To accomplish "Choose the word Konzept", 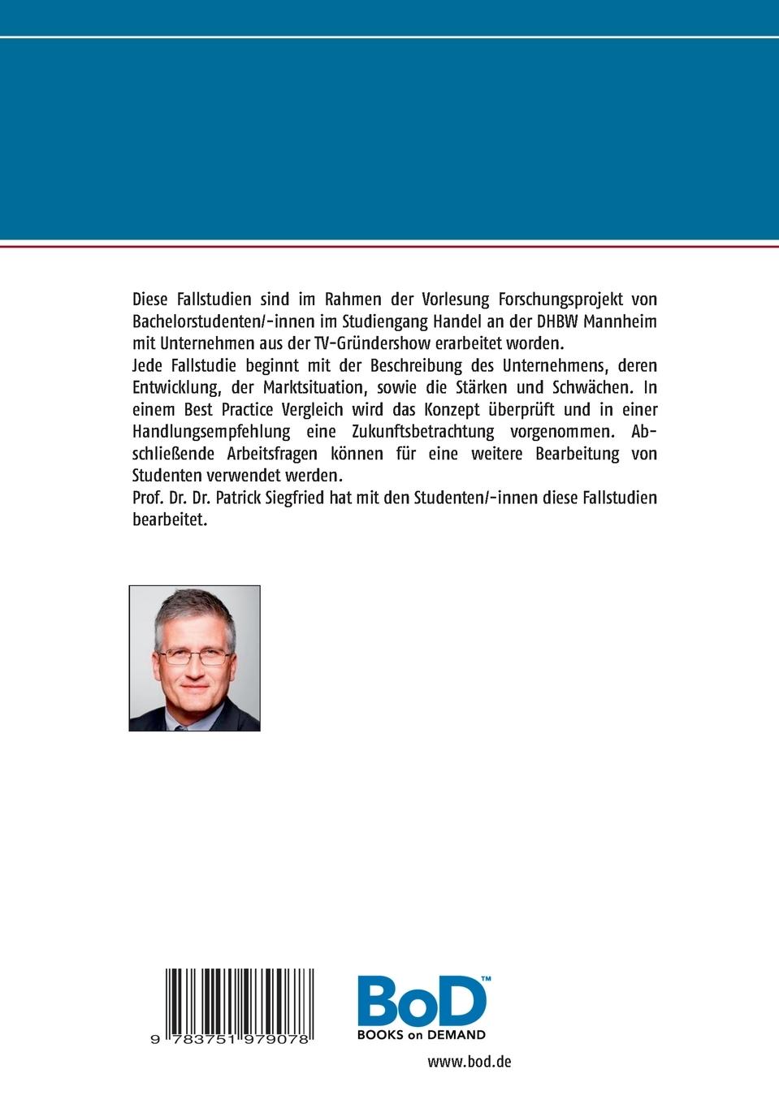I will [x=452, y=409].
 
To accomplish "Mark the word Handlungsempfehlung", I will [x=211, y=431].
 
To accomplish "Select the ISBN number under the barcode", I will [x=230, y=1039].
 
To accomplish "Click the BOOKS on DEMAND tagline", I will [x=422, y=1035].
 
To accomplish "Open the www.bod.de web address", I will [x=470, y=1062].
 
